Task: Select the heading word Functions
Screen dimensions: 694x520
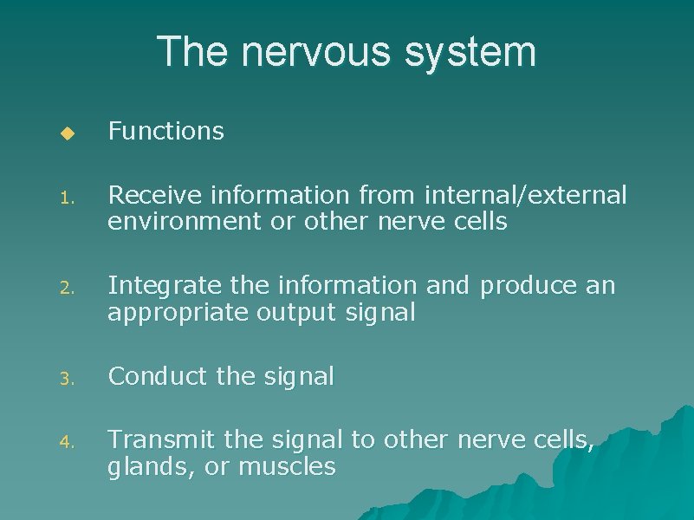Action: click(165, 132)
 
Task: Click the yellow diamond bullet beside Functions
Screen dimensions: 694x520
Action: click(68, 133)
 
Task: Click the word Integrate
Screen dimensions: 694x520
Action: click(156, 286)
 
